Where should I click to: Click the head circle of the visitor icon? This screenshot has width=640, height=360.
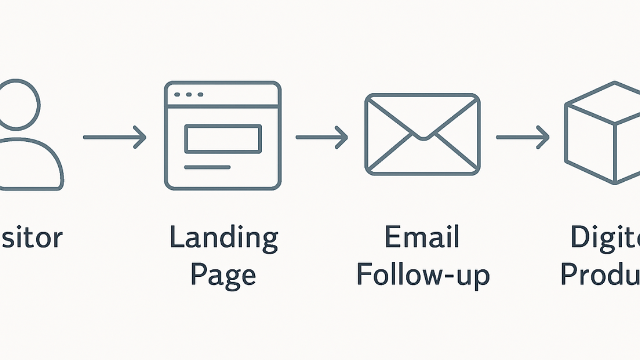[19, 104]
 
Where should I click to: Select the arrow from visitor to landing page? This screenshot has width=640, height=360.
[115, 137]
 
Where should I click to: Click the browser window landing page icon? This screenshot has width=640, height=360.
[222, 135]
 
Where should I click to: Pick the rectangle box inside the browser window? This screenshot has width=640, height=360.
[222, 139]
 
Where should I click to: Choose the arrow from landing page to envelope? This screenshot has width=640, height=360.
[321, 137]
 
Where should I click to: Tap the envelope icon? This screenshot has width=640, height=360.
[422, 134]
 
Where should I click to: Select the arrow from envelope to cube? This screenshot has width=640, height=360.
[522, 137]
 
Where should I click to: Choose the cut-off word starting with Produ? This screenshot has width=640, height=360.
[601, 275]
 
